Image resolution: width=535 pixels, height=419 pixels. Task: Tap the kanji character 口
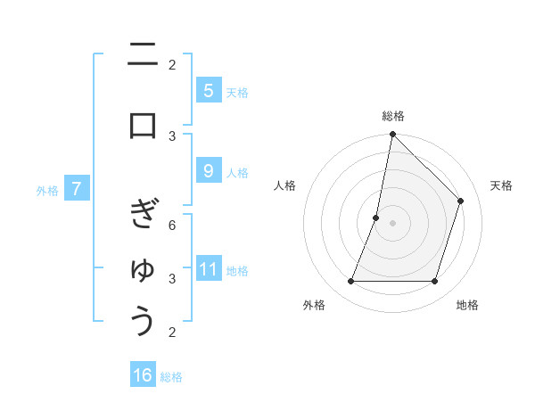(143, 125)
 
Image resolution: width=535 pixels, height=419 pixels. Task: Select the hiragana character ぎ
(143, 215)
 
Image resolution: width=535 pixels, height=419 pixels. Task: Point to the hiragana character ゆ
(143, 268)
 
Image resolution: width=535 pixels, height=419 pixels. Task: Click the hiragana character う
(144, 321)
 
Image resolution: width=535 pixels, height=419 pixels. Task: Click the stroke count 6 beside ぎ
(172, 226)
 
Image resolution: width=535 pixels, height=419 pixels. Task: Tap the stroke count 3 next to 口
(172, 136)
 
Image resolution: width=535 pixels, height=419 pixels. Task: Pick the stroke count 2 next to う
(172, 333)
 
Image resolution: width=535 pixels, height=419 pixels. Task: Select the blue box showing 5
(208, 91)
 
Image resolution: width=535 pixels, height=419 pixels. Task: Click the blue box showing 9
(208, 171)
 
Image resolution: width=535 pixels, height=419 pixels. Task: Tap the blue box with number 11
(208, 269)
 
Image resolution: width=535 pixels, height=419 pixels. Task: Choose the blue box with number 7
(77, 189)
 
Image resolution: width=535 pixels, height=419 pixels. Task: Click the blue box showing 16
(143, 375)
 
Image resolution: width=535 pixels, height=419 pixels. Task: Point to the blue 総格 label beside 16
(172, 377)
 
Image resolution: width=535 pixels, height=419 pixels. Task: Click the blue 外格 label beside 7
(47, 190)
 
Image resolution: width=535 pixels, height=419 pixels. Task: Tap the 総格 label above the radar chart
(393, 116)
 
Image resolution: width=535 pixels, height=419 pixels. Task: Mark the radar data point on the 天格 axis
(461, 201)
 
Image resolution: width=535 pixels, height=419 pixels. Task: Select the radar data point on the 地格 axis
(434, 282)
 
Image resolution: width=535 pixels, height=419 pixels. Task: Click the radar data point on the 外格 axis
(351, 282)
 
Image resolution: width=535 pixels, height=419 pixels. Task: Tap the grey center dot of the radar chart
(392, 223)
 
